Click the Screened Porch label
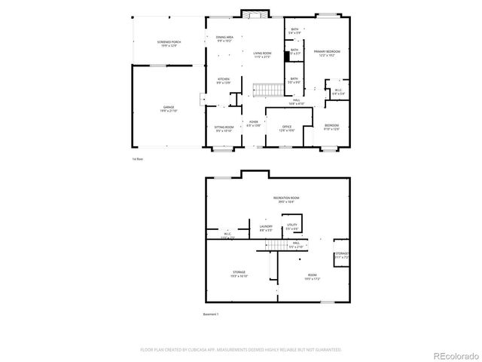169,44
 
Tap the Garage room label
169,109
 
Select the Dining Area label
224,38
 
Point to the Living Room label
262,54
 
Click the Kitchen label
224,81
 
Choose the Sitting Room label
224,129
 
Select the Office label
287,128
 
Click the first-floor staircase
264,90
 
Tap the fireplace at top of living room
253,14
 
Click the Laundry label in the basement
265,228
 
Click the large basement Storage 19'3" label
239,274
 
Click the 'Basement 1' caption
211,314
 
